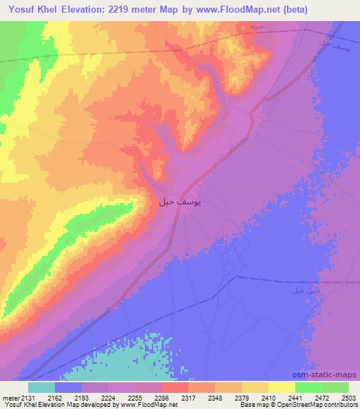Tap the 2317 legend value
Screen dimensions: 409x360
[x=187, y=396]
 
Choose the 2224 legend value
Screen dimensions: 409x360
[x=105, y=396]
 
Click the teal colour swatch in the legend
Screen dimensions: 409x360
[x=41, y=387]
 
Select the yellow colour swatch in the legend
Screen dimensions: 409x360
[x=281, y=387]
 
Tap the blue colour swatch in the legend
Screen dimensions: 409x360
[x=68, y=387]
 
